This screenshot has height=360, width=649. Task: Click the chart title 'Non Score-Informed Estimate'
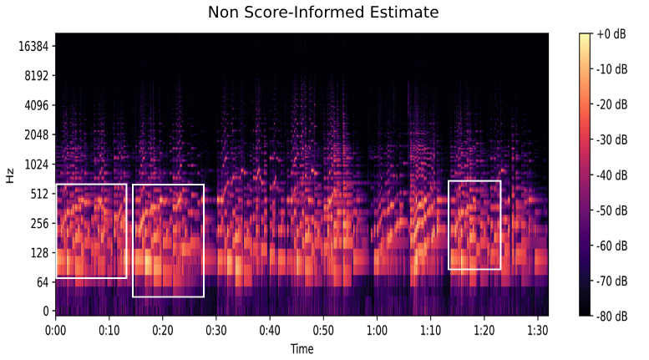pos(323,13)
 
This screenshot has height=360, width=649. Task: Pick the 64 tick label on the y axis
pos(43,282)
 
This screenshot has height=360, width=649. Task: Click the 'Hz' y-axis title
pos(10,176)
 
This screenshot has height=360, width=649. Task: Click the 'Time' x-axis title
pos(302,348)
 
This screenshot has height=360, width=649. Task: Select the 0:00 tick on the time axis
pos(56,330)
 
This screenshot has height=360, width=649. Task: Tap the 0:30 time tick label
pos(216,330)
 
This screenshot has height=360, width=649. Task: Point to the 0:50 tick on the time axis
pos(323,330)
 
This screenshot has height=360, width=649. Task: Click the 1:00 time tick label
pos(377,330)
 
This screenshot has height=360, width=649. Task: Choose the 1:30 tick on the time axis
pos(537,330)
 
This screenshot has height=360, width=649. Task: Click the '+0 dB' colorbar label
pos(611,33)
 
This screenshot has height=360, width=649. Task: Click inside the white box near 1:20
pos(474,225)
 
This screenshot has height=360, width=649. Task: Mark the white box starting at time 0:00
pos(91,231)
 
